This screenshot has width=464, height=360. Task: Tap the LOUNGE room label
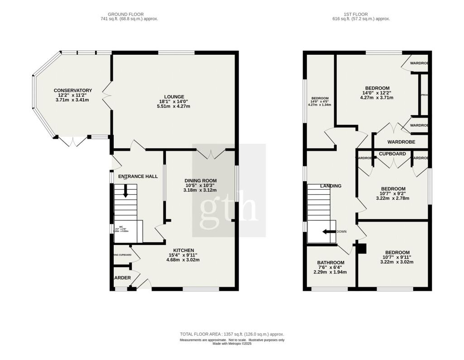tap(174, 96)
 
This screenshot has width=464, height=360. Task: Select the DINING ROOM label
tap(199, 180)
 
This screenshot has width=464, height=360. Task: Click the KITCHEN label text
tap(183, 250)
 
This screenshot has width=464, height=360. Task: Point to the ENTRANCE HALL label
tap(138, 176)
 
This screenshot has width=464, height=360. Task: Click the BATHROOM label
tap(330, 263)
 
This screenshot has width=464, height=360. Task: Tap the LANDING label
tap(330, 186)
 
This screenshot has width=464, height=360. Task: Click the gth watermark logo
tap(229, 206)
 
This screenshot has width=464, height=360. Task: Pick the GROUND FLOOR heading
tap(129, 14)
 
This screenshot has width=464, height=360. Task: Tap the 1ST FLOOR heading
tap(361, 14)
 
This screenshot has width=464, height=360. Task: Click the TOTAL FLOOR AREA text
tap(232, 334)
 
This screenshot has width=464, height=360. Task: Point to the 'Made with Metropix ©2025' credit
tap(232, 344)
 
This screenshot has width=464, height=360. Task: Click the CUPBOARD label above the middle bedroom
tap(392, 154)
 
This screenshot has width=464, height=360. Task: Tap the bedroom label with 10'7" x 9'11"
tap(397, 253)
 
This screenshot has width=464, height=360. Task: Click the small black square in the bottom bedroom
tap(362, 248)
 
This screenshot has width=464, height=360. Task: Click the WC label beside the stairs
tap(121, 227)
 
